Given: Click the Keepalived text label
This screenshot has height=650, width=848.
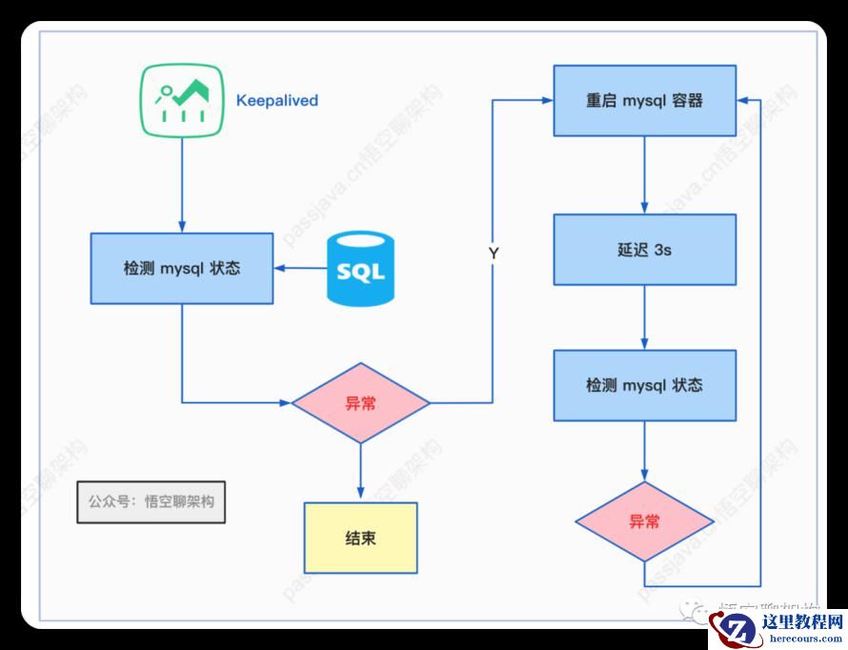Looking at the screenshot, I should point(276,100).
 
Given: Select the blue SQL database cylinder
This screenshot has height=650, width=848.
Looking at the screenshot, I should point(360,270).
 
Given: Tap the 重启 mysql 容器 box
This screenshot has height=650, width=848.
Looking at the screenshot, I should point(644,100).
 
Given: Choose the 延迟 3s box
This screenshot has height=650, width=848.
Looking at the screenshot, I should point(644,250).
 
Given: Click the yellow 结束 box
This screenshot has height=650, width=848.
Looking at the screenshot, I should point(360,538).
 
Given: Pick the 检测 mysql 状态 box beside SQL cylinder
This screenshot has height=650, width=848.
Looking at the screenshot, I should point(182,269).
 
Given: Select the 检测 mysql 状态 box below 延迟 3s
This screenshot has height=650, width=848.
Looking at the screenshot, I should point(644,385).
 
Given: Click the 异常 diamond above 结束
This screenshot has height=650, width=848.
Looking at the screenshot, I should point(360,403).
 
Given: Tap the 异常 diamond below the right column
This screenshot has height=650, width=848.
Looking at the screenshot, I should point(644,521).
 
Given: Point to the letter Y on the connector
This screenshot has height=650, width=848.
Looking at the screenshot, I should point(494,254).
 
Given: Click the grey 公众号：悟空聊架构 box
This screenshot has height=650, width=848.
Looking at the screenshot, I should point(151,501).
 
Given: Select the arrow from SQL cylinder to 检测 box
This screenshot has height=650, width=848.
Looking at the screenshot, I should point(300,269).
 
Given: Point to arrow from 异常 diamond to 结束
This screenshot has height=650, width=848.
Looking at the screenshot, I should point(360,472).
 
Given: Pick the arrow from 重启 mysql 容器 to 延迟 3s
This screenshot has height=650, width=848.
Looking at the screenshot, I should point(644,174).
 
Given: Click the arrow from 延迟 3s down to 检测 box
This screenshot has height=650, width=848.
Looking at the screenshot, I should point(644,317).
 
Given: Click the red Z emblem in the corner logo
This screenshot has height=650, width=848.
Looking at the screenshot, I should point(734,629).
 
